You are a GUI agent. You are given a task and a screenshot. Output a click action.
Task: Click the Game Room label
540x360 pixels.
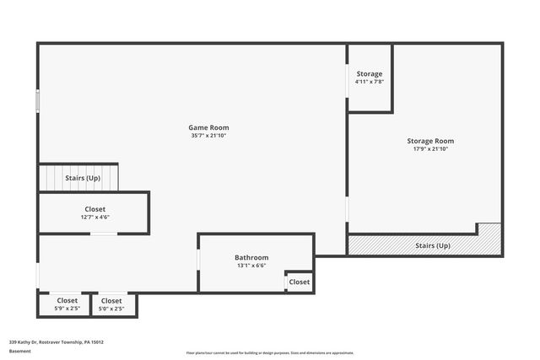point(208,127)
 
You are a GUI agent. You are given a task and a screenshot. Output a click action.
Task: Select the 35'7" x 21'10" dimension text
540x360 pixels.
point(208,136)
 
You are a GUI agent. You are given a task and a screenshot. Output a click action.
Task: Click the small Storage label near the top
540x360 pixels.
point(369,74)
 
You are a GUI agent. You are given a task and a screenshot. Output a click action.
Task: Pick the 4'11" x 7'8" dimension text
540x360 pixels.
point(369,83)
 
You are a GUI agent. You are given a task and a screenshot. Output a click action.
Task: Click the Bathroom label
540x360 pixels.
point(251,257)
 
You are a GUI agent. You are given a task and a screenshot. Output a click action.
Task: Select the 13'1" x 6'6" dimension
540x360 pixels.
point(251,266)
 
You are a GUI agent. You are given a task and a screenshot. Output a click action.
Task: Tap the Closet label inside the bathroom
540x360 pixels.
point(300,282)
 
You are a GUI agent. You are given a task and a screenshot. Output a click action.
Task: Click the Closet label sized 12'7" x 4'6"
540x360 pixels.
point(94,208)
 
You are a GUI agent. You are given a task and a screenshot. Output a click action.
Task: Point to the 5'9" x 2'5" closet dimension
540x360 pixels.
point(67,309)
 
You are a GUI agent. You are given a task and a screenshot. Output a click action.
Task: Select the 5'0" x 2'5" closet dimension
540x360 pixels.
point(111,309)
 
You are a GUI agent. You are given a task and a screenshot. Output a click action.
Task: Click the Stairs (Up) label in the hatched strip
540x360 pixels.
point(433,245)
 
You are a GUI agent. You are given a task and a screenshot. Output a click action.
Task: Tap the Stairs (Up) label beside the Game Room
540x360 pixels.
point(83,178)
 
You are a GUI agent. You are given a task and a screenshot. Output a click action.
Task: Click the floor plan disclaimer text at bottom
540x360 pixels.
point(270,352)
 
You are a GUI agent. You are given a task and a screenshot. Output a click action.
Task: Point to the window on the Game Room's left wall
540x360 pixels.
point(37,100)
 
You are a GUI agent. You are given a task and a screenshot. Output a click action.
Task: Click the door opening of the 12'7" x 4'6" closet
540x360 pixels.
point(103,234)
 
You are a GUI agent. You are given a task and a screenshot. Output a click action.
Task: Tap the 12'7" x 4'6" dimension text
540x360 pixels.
point(94,217)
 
